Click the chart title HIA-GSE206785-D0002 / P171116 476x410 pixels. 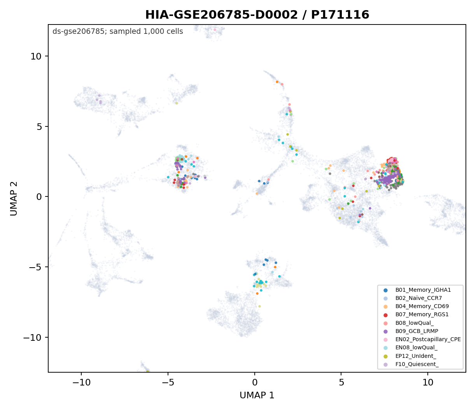[257, 15]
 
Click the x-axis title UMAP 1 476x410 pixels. [257, 395]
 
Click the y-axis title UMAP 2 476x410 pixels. [14, 198]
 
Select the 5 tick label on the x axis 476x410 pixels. [341, 383]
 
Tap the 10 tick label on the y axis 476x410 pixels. [36, 56]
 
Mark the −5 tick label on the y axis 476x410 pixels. [35, 267]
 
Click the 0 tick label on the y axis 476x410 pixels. [39, 197]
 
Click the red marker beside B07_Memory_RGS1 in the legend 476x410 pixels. [385, 315]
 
